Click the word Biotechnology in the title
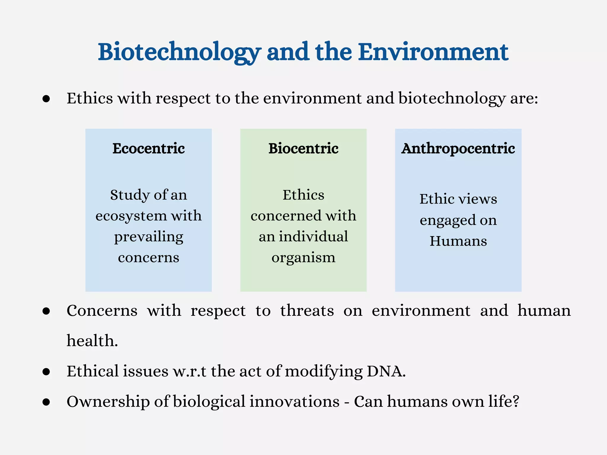click(x=179, y=52)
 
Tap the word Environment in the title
click(x=433, y=52)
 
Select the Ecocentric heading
click(x=148, y=148)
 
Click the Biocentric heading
click(x=303, y=148)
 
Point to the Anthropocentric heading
click(x=458, y=148)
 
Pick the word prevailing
click(x=148, y=237)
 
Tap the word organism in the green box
click(x=303, y=257)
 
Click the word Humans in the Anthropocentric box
click(x=458, y=241)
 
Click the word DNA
click(x=386, y=371)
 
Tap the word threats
click(x=307, y=311)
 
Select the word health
click(x=92, y=341)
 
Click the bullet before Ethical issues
click(x=46, y=372)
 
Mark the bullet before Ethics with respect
click(x=46, y=99)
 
